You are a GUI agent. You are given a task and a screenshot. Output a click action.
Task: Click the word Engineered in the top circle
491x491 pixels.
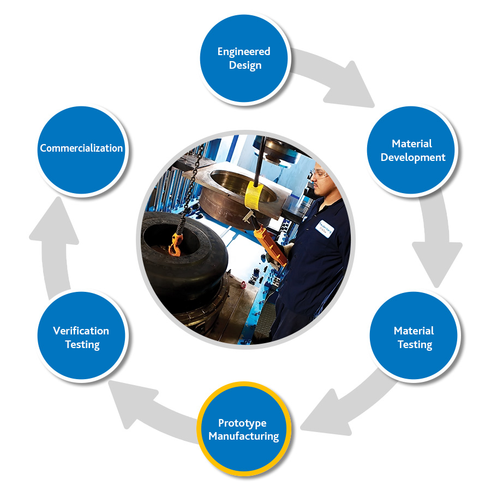tap(244, 52)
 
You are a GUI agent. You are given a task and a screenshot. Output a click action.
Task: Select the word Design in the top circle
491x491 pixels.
tap(245, 65)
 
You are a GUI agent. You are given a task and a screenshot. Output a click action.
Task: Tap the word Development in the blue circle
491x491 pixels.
tap(413, 158)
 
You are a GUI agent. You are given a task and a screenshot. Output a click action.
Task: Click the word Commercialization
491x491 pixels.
tap(81, 148)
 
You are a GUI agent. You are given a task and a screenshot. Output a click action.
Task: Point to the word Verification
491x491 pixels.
tap(81, 331)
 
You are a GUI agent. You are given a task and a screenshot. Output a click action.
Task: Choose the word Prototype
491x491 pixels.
tap(242, 423)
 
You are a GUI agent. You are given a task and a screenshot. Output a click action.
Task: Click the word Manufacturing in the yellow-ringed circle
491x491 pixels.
tap(243, 436)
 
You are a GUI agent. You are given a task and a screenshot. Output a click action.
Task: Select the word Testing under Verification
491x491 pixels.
tap(82, 345)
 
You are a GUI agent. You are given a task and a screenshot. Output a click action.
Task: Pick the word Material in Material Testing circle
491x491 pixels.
tap(414, 331)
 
